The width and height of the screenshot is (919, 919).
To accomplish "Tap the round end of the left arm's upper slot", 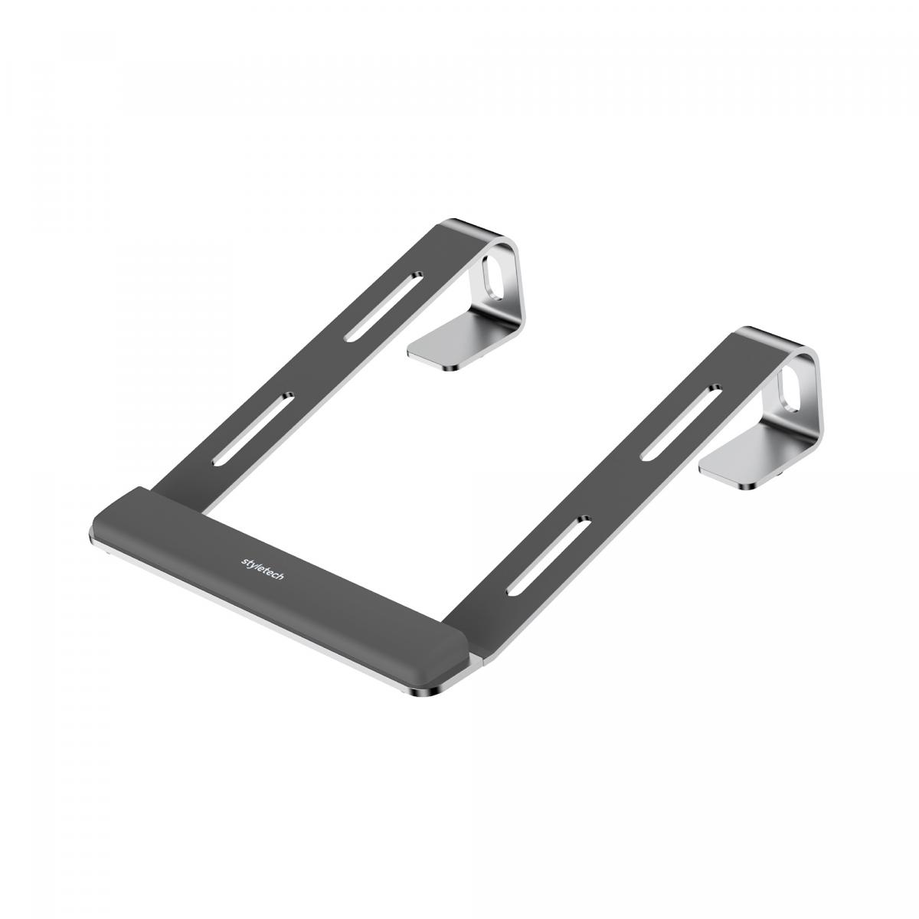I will tap(417, 273).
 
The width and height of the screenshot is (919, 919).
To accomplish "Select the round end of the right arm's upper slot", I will tap(715, 388).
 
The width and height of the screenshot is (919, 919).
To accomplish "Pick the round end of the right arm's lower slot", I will tap(584, 520).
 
